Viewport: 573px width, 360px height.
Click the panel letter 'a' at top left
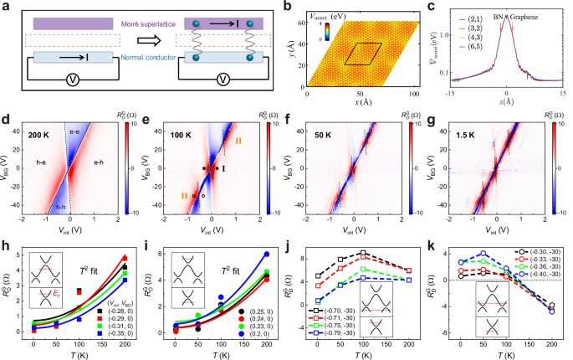(x=5, y=6)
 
